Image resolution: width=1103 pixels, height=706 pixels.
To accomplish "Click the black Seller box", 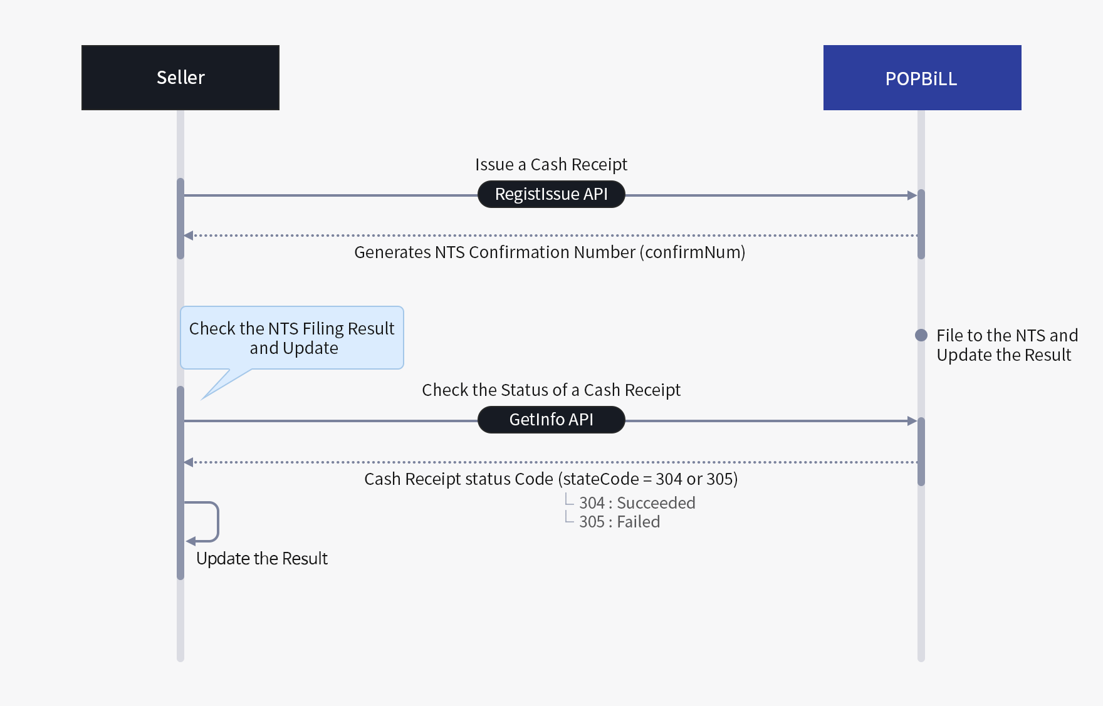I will click(180, 78).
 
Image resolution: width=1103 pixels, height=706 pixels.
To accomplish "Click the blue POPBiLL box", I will click(922, 78).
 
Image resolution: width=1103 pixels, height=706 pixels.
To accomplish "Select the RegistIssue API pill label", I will click(551, 194).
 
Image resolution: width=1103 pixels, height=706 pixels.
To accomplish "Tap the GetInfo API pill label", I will click(551, 420).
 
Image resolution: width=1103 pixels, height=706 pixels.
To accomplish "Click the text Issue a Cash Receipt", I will click(551, 164).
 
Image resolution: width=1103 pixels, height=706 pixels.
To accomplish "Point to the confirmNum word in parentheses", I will click(693, 252).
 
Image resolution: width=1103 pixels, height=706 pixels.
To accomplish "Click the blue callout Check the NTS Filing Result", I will click(292, 337).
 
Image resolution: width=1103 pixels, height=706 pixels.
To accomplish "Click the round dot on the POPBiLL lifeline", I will click(921, 335).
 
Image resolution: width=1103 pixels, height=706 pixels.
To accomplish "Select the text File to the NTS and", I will click(1007, 335).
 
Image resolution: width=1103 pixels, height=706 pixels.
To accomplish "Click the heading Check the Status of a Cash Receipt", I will click(551, 390).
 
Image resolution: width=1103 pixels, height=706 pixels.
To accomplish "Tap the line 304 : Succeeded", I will click(637, 503).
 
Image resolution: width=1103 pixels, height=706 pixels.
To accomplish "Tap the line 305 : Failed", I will click(619, 522).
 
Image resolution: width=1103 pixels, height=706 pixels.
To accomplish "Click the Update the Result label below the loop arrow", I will click(262, 558).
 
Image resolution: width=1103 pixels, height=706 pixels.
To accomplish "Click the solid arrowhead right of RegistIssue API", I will click(912, 195).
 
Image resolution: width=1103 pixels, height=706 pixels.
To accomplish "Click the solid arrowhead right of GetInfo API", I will click(912, 421).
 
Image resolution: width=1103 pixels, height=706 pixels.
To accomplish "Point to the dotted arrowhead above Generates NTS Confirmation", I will click(189, 236).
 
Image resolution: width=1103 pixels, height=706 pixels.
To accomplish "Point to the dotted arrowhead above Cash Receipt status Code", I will click(189, 462).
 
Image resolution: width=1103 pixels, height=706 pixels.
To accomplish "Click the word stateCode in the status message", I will click(600, 479).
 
